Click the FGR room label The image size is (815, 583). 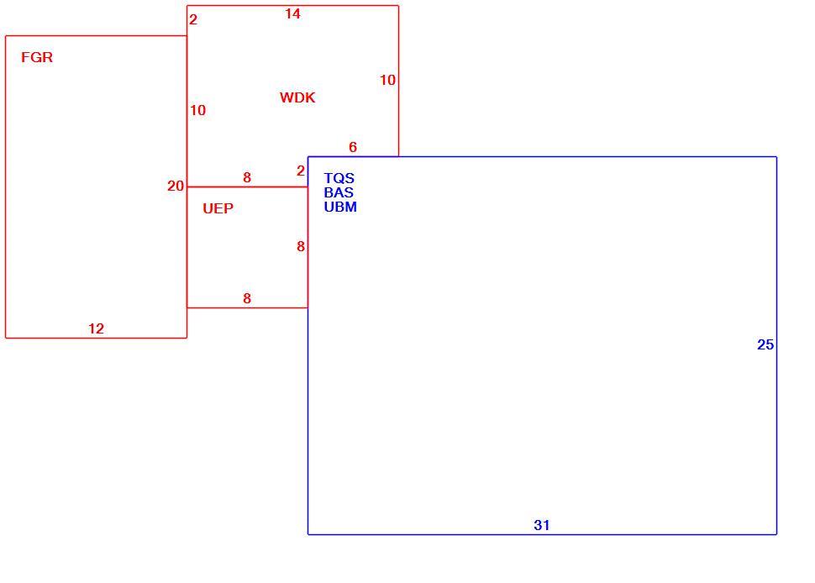(x=37, y=57)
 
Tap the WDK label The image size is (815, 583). (x=297, y=97)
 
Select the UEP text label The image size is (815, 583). (x=218, y=208)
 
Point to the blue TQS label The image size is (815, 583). (x=339, y=178)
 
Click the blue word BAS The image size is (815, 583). (x=339, y=192)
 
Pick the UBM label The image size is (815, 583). (x=340, y=207)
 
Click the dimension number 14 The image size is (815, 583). (x=292, y=14)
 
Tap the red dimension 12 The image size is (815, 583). (x=96, y=328)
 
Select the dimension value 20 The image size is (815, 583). (x=176, y=186)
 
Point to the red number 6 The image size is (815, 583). (x=353, y=147)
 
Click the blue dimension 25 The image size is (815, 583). (x=765, y=344)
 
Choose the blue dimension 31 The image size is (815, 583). (x=542, y=525)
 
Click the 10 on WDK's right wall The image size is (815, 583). (x=387, y=80)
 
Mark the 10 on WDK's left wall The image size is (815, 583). (x=198, y=110)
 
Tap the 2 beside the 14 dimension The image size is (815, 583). (x=193, y=20)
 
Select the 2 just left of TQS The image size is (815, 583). (x=301, y=171)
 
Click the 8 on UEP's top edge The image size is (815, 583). (x=247, y=178)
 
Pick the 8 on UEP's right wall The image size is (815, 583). (x=301, y=246)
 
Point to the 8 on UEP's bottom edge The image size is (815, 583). (x=247, y=298)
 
